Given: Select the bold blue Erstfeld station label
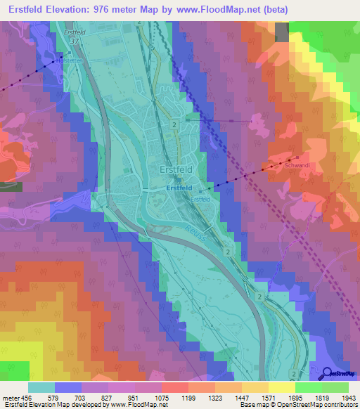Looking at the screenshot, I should click(179, 189).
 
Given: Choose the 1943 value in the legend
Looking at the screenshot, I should click(347, 397).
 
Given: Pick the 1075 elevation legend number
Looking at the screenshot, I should click(161, 397).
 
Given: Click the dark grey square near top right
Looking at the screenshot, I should click(281, 32).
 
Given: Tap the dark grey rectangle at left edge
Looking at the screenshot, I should click(11, 187).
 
